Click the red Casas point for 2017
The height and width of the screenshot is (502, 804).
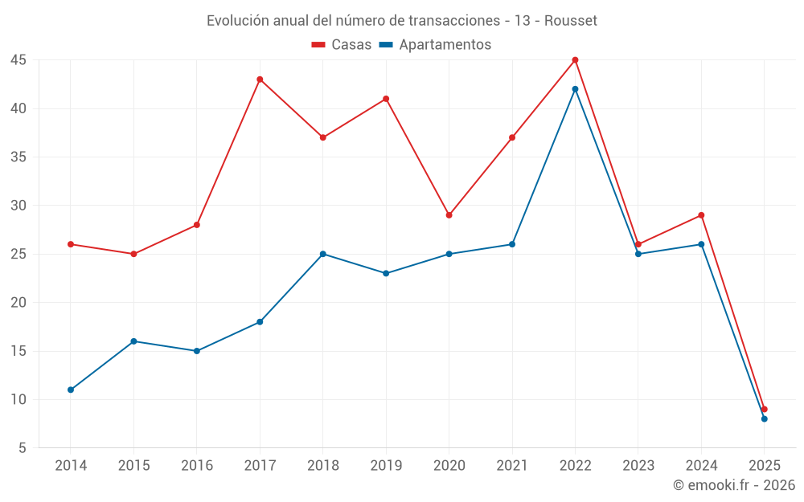[260, 80]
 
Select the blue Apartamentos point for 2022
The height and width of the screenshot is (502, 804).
[575, 89]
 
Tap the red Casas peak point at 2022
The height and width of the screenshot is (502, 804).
[575, 60]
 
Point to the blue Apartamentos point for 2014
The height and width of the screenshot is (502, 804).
[71, 390]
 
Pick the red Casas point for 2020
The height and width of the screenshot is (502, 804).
[449, 215]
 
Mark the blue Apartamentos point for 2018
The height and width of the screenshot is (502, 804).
[322, 254]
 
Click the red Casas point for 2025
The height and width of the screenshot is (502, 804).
[764, 409]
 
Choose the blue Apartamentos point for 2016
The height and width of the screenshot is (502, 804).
[197, 351]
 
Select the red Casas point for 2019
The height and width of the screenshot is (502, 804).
[386, 99]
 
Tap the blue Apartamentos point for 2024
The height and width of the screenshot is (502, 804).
[701, 244]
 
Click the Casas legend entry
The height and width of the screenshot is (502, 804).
[342, 45]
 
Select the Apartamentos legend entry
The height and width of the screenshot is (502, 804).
[435, 45]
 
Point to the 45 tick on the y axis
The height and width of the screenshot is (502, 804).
[18, 60]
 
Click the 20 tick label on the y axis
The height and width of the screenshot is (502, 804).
[18, 303]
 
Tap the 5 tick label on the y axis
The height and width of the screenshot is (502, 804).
[23, 448]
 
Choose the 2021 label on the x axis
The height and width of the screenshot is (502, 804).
[512, 465]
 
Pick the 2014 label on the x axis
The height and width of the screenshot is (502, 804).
[71, 465]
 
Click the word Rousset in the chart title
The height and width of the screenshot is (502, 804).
[571, 21]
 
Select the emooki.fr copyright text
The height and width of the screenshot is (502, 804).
[734, 485]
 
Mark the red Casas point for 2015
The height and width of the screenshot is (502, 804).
[133, 254]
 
